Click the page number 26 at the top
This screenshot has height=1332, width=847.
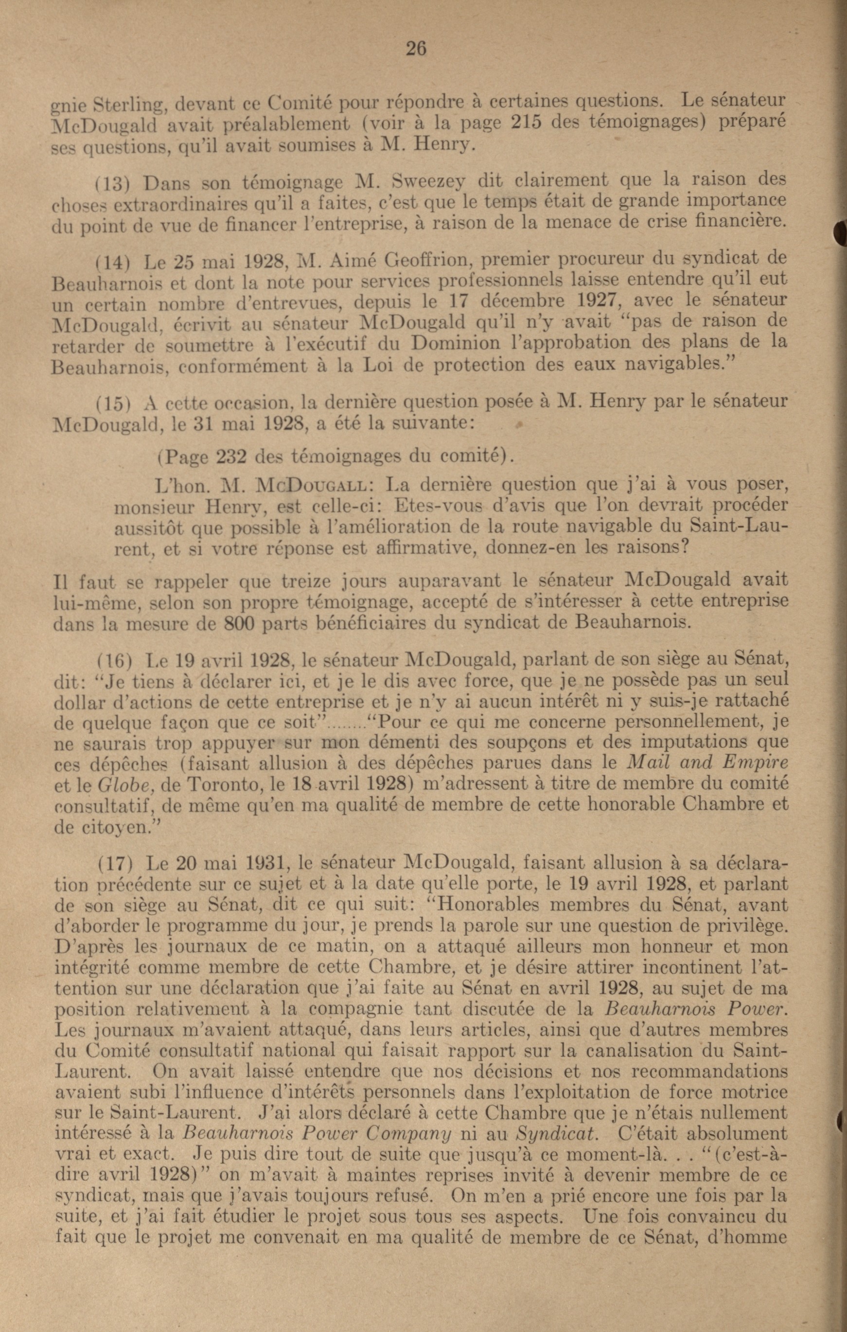tap(416, 49)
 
